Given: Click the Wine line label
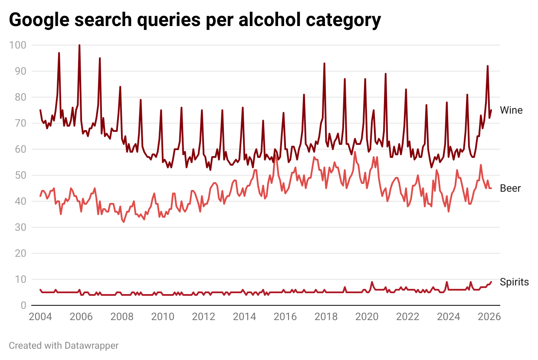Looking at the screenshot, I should (x=511, y=110).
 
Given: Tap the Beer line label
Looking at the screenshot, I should (x=510, y=188).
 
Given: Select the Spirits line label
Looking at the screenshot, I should (x=514, y=282).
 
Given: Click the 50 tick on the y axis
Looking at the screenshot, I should (x=20, y=175).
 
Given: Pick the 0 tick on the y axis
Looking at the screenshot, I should (x=23, y=305).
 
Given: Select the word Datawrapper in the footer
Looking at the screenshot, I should (x=92, y=346).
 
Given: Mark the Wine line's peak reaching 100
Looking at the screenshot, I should (x=79, y=45).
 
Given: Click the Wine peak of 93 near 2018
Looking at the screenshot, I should (x=324, y=63).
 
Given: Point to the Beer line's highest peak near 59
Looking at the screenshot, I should (x=355, y=152).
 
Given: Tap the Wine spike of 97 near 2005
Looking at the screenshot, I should (x=59, y=53).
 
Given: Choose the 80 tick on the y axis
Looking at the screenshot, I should (x=20, y=97).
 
